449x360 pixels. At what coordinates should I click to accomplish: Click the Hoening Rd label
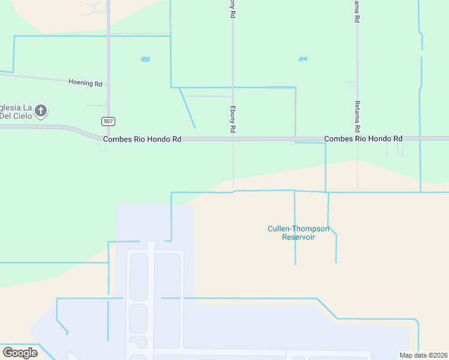(x=85, y=83)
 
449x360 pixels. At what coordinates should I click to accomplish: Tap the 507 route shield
(x=108, y=121)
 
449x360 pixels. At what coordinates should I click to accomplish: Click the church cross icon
(x=41, y=110)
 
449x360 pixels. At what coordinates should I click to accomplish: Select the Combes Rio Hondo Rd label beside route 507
(x=142, y=139)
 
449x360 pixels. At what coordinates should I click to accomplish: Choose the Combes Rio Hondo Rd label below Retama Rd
(x=363, y=139)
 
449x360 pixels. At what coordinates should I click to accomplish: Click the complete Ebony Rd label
(x=233, y=119)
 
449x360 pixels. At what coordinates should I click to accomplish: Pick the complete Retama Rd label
(x=357, y=116)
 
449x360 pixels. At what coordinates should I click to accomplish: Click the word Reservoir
(x=299, y=237)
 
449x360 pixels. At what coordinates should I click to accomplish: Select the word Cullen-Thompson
(x=298, y=229)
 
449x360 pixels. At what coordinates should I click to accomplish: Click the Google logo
(x=20, y=353)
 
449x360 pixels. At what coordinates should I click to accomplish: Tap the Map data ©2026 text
(x=423, y=355)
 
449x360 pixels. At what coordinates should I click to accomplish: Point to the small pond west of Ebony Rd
(x=145, y=59)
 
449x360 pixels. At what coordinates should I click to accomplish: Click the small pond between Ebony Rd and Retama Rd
(x=303, y=59)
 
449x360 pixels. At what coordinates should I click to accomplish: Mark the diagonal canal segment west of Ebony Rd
(x=187, y=107)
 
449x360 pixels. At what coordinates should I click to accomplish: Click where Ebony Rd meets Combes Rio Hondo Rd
(x=233, y=139)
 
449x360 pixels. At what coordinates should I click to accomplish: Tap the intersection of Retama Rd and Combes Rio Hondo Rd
(x=357, y=139)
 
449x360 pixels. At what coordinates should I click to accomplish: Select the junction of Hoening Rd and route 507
(x=108, y=85)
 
